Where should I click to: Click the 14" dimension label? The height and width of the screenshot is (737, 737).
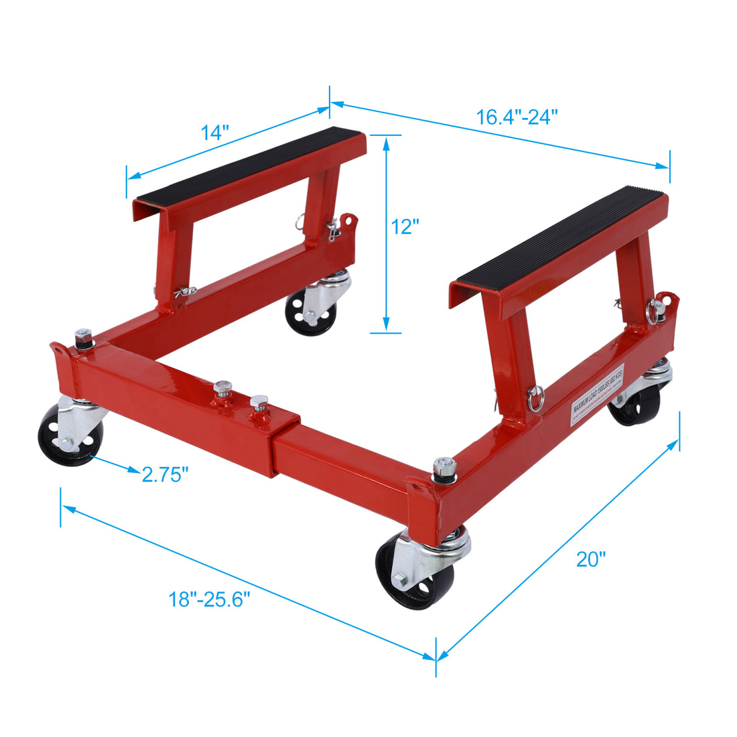point(215,133)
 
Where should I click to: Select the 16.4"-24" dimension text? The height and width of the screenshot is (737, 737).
point(517,117)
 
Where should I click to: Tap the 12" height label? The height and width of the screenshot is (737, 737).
point(405,227)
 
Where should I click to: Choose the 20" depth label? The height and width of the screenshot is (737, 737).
point(591,559)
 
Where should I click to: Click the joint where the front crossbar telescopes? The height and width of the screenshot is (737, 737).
point(275,442)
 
